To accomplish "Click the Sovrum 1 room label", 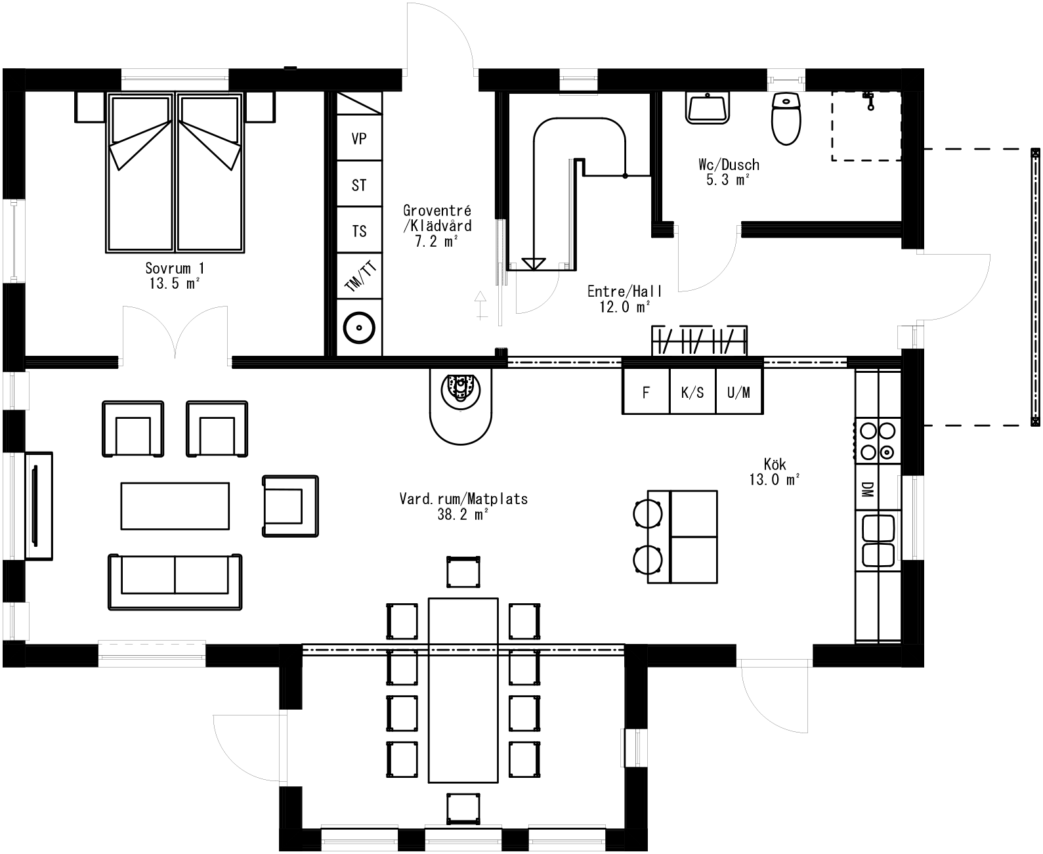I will coord(174,275).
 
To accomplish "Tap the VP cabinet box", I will coord(359,139).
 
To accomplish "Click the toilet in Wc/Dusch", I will coord(786,118).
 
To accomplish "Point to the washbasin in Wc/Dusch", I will coord(708,107).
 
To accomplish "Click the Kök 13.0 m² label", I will coord(775,472).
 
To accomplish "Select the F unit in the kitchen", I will coord(646,393).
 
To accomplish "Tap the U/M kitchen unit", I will coord(738,393).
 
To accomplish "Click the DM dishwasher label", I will coord(867,489).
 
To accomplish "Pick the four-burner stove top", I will coord(878,440).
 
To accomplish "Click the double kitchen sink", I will coord(878,540).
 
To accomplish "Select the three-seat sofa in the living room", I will coord(175,582).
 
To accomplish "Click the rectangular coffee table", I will coord(175,505).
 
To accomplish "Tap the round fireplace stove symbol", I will coord(461,389).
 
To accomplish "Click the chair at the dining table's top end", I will coord(463,571).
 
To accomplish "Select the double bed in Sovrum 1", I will coord(175,172).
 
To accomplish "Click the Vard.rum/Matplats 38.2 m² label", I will coord(463,506).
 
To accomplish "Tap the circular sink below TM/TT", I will coord(359,326).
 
